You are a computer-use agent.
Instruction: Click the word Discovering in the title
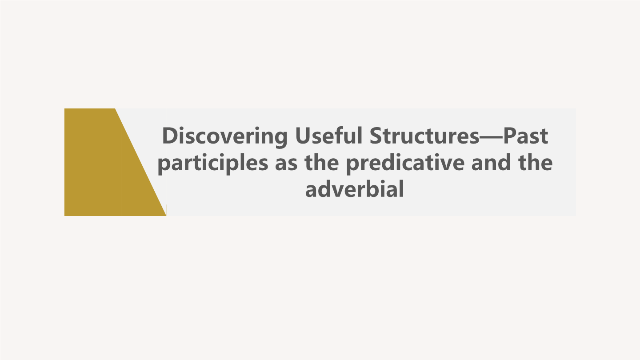[x=225, y=136]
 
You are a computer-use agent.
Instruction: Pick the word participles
[x=213, y=164]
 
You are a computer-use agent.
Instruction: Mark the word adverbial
[x=354, y=190]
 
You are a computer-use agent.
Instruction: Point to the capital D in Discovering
[x=169, y=136]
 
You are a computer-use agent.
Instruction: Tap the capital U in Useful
[x=303, y=136]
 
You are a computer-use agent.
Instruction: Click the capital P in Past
[x=510, y=136]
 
